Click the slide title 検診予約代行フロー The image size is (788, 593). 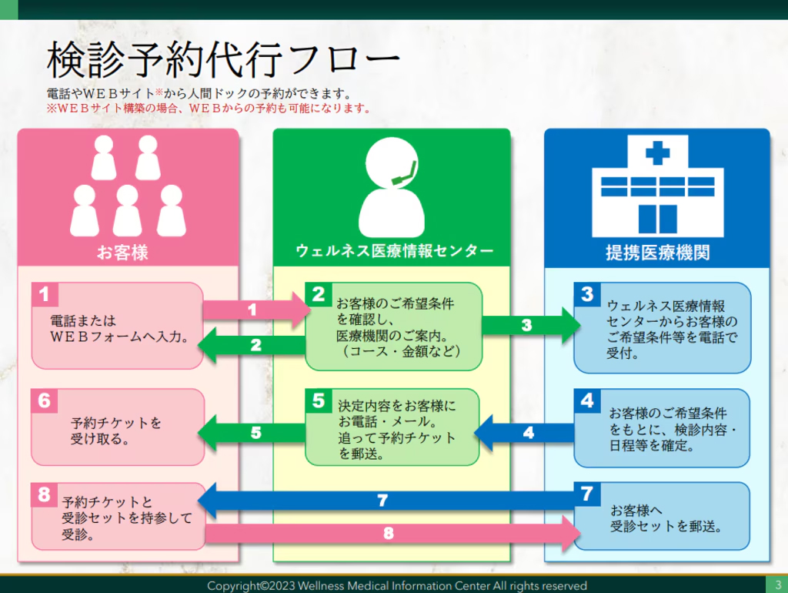[223, 60]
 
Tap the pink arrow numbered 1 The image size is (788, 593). [254, 310]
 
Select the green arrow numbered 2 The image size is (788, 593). [254, 346]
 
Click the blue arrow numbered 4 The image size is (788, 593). [526, 433]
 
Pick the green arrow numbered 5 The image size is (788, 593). [254, 433]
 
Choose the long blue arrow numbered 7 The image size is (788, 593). [385, 501]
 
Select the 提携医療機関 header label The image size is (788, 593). [657, 252]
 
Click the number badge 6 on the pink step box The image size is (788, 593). [44, 400]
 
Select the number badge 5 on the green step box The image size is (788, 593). [318, 400]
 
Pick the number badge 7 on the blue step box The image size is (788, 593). [587, 494]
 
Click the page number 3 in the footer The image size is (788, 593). [777, 585]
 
